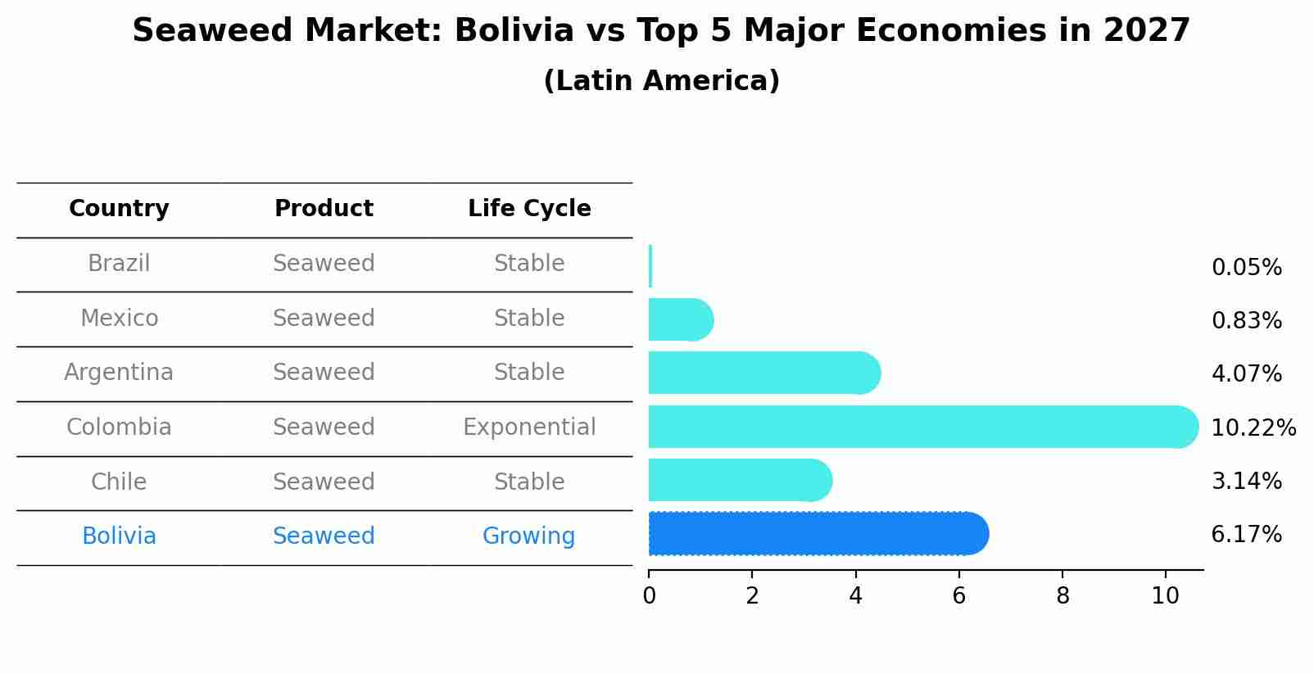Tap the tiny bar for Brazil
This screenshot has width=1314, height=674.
click(650, 266)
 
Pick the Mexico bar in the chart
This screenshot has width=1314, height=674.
click(680, 319)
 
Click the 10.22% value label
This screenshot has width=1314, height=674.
click(1253, 428)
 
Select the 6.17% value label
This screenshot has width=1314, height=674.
click(1246, 535)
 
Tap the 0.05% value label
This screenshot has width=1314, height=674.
click(1246, 268)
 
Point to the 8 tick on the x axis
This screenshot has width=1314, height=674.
click(1063, 595)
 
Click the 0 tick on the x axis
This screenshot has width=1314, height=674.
click(649, 595)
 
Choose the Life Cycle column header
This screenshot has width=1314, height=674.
click(529, 209)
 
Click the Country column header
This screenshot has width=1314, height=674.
click(119, 209)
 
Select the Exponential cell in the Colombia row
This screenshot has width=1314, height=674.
click(529, 427)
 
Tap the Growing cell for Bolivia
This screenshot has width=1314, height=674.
click(529, 536)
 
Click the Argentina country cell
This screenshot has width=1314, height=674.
click(119, 373)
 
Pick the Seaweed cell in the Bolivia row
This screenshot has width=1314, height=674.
click(324, 536)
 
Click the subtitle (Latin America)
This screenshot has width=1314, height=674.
click(661, 81)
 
